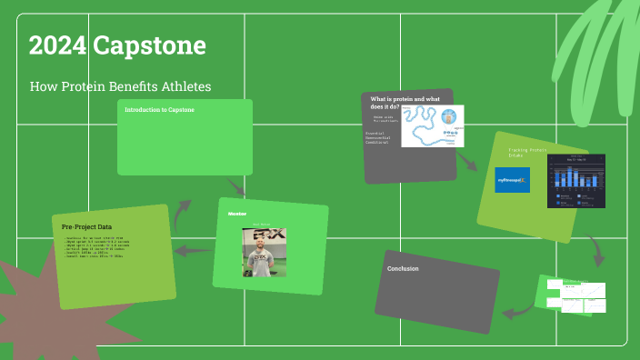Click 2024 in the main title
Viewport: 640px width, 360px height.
pos(57,45)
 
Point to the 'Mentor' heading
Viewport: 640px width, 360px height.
pos(238,214)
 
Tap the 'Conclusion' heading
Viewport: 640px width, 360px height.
pos(403,269)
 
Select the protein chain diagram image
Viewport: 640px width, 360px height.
pos(433,126)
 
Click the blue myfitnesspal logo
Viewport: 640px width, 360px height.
pos(513,180)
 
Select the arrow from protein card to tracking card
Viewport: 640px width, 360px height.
pos(466,161)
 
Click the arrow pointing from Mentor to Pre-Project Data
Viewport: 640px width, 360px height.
pos(192,251)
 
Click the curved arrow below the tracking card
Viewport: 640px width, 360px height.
pos(595,247)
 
